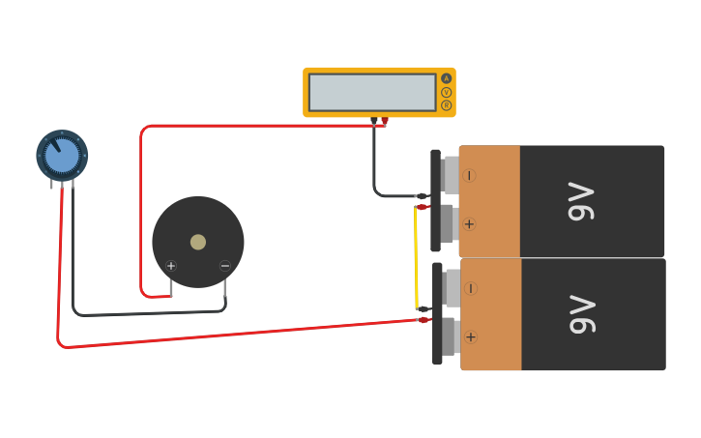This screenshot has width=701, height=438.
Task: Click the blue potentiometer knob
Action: [62, 156]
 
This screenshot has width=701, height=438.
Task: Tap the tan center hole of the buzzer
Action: [198, 242]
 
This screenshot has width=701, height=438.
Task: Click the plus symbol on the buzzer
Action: [171, 266]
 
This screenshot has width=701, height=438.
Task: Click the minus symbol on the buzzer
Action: [225, 266]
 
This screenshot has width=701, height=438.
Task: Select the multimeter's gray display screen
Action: [372, 92]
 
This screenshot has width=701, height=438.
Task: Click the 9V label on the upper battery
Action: [581, 201]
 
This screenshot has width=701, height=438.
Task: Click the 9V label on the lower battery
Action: [581, 314]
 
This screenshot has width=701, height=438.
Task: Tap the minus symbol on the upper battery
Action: [470, 175]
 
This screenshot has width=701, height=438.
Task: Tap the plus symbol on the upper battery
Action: [470, 224]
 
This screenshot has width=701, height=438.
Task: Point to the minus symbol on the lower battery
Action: [471, 288]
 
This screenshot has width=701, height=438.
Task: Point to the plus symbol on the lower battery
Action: [471, 336]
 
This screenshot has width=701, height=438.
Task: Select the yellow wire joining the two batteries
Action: [417, 256]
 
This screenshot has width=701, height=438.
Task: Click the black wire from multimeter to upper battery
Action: [374, 164]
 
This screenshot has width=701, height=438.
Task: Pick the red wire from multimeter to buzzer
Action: [261, 126]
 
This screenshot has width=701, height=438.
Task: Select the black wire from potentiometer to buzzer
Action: [145, 314]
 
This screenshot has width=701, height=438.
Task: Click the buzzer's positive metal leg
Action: [171, 286]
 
